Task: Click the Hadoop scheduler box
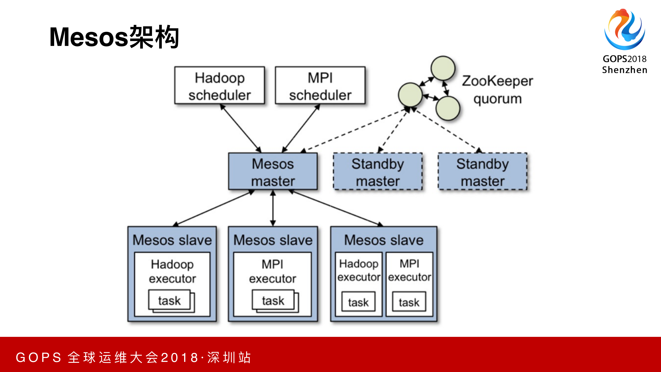(219, 85)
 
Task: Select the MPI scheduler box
(320, 85)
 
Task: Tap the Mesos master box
(273, 171)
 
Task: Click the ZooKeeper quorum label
(497, 90)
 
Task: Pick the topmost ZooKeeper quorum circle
(443, 68)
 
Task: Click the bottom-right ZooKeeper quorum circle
(448, 108)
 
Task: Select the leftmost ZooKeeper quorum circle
(410, 95)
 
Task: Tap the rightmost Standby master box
(482, 171)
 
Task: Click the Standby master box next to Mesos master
(378, 171)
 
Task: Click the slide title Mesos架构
(114, 37)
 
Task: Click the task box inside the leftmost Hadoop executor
(169, 300)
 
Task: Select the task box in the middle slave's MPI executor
(273, 300)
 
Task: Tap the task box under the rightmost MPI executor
(409, 302)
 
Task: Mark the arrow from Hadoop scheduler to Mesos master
(241, 128)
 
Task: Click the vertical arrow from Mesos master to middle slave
(273, 208)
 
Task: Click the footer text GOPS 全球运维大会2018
(133, 357)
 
